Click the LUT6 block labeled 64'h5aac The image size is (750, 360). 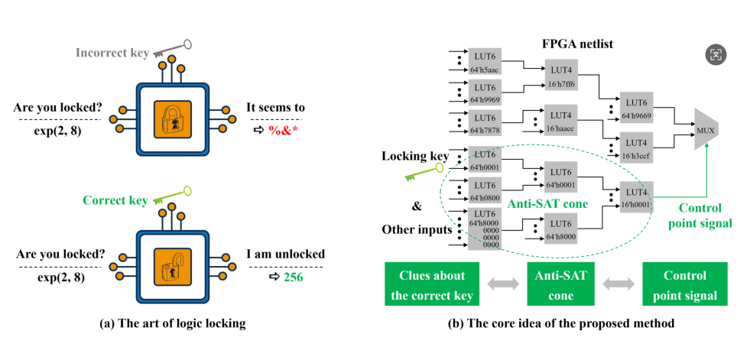[485, 62]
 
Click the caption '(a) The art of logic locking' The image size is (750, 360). [173, 323]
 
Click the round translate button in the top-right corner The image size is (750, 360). [716, 54]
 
